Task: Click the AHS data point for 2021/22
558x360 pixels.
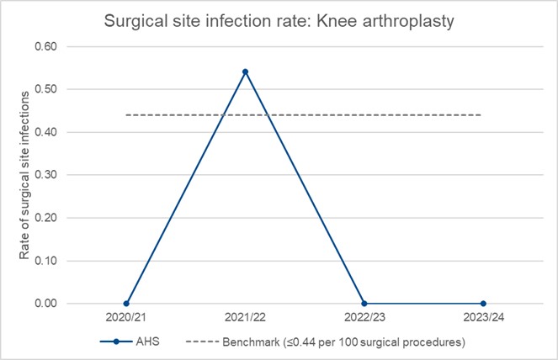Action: click(x=245, y=71)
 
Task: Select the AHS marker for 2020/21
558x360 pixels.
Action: click(x=126, y=303)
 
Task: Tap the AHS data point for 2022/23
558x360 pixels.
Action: click(x=364, y=303)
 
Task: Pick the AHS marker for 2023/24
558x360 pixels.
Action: click(x=482, y=303)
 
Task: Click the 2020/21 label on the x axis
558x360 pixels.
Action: click(x=126, y=320)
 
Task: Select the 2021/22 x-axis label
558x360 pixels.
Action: click(x=245, y=320)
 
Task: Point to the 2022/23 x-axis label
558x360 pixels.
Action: click(x=364, y=320)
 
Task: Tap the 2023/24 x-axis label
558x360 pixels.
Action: click(x=482, y=320)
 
